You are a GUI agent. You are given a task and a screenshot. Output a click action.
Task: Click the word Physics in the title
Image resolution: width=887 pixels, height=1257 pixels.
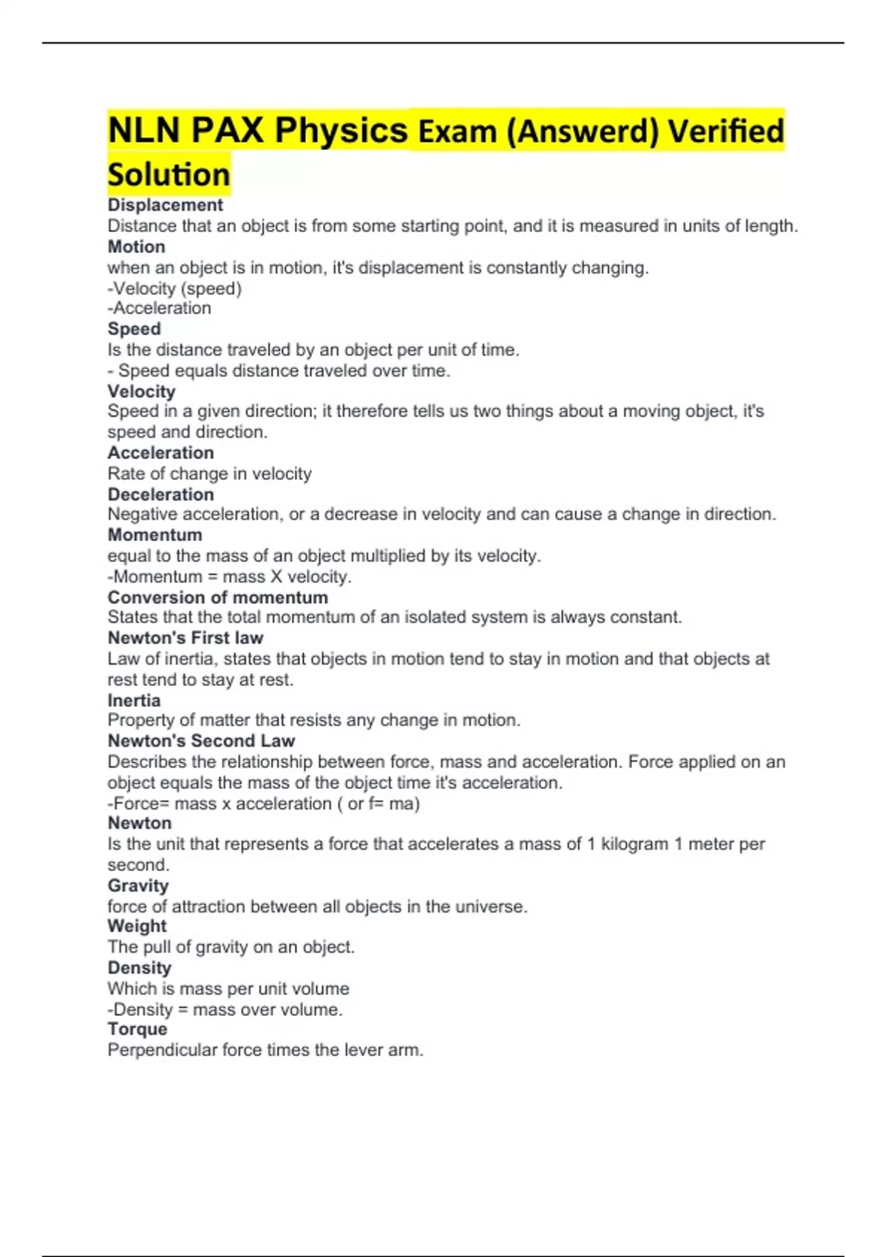(x=341, y=132)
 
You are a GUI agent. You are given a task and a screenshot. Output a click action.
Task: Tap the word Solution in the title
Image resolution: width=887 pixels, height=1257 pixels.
(x=169, y=175)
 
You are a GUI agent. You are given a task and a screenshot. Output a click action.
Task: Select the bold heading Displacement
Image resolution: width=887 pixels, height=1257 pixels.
(x=165, y=206)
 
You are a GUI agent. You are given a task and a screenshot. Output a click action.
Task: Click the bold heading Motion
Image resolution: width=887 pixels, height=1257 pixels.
(x=136, y=247)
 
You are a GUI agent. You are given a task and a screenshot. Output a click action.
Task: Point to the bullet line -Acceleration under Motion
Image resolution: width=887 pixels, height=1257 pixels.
(x=159, y=308)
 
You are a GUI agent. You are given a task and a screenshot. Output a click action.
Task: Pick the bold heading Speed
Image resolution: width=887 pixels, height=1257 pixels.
(x=134, y=329)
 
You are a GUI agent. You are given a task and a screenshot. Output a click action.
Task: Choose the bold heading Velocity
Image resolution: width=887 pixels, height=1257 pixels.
(x=141, y=391)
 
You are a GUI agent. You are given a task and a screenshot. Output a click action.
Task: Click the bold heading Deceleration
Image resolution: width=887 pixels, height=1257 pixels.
(x=160, y=494)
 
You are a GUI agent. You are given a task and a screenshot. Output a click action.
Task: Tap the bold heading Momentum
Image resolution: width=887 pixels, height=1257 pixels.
(x=154, y=535)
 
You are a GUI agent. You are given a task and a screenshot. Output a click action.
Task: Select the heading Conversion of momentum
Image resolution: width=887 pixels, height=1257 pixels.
(x=217, y=597)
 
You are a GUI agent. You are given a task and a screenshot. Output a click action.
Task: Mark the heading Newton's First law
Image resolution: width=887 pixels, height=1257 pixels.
(x=185, y=637)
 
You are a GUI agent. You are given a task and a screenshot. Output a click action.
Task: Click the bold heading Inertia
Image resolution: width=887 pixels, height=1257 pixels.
(x=134, y=700)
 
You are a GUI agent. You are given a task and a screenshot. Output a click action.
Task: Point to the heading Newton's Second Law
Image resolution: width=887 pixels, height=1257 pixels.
(x=201, y=741)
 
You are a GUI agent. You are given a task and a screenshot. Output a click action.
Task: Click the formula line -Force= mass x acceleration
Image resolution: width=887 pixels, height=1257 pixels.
(x=263, y=804)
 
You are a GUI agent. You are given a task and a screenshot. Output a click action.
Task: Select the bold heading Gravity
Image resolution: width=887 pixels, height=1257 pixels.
(x=138, y=886)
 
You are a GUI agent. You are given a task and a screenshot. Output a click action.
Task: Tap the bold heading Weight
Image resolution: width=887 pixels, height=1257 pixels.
(x=137, y=926)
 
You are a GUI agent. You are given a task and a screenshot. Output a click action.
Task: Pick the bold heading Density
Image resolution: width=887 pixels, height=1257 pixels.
(x=139, y=968)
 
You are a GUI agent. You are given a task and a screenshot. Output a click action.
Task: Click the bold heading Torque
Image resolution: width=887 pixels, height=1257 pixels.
(x=137, y=1029)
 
